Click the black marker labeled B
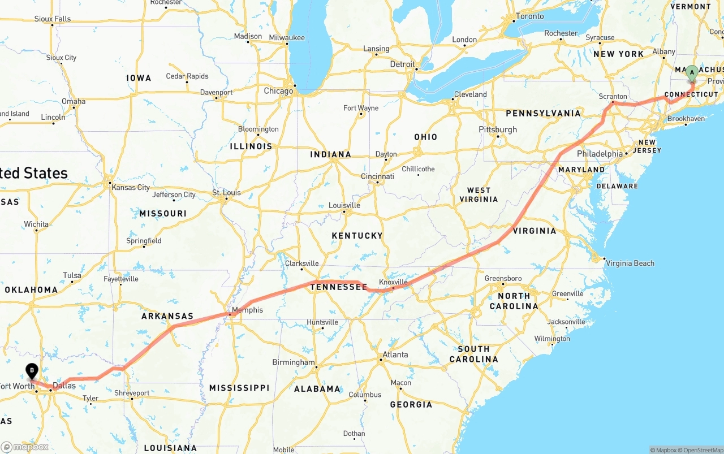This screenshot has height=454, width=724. (32, 371)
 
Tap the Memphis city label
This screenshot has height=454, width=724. (247, 310)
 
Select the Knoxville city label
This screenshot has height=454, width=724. (393, 282)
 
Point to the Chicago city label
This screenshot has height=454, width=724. (278, 91)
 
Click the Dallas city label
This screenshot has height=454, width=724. (64, 386)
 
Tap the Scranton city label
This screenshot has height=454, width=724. (613, 97)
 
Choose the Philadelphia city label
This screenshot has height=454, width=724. (600, 154)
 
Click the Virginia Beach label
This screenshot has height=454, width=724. (630, 263)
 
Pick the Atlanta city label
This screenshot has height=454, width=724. (395, 355)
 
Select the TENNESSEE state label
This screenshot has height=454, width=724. (338, 287)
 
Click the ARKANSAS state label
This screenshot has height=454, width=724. (167, 317)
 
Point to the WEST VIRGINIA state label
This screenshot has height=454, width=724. (479, 194)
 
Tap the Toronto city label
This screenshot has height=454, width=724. (530, 16)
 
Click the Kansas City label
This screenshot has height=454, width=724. (131, 188)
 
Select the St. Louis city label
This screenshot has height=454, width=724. (226, 193)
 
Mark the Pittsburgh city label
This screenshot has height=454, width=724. (498, 129)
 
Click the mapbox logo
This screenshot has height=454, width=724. (25, 447)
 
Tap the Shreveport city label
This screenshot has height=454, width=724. (132, 393)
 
